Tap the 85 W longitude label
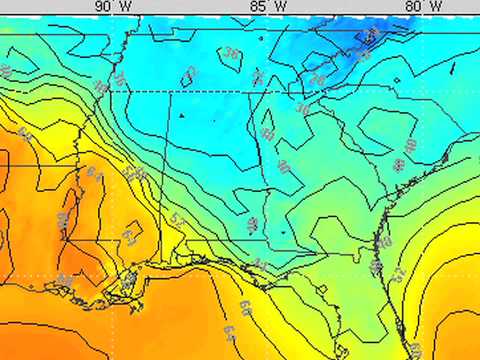266,6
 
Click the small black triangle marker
182,115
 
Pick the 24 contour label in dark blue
372,37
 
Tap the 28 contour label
317,77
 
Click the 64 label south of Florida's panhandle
230,331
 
